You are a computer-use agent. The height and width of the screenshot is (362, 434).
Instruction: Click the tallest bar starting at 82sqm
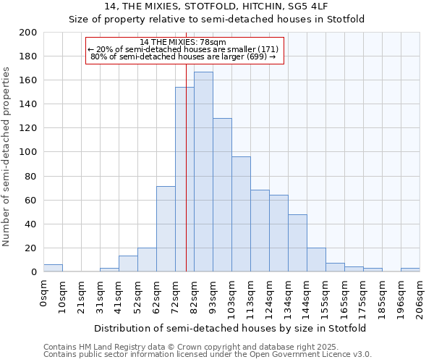(203, 172)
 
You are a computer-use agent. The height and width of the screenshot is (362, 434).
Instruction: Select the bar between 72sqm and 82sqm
(184, 180)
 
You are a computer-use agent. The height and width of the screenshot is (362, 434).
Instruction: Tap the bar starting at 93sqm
(222, 195)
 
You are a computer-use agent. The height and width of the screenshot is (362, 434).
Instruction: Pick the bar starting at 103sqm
(241, 214)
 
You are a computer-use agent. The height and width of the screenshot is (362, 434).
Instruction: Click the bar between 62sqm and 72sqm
(166, 229)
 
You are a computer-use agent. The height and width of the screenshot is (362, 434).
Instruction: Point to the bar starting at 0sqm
(53, 268)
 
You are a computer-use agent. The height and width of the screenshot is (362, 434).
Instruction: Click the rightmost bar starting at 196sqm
(410, 269)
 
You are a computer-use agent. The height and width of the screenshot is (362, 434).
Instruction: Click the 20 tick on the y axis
(33, 248)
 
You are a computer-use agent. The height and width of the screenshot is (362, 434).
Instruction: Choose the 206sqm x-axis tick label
(420, 298)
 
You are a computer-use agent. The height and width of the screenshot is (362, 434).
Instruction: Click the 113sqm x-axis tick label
(250, 298)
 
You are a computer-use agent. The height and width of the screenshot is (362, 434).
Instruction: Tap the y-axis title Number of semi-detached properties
(7, 156)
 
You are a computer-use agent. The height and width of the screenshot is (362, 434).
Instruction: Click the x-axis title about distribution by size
(230, 328)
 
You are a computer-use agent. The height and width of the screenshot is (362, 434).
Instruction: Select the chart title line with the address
(217, 6)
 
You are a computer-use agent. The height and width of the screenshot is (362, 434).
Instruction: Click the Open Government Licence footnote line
(208, 355)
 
